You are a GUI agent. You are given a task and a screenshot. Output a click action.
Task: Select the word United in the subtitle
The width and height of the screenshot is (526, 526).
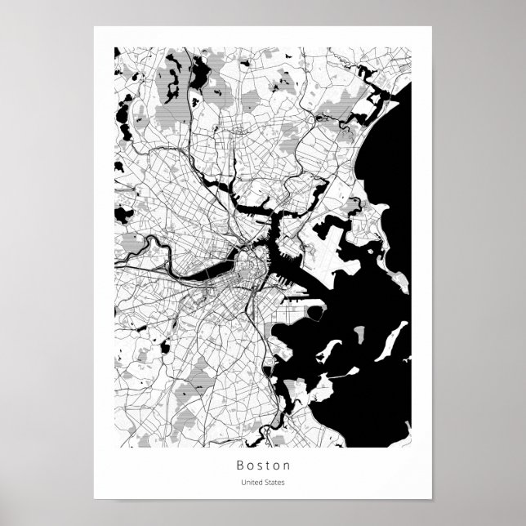(x=249, y=482)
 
